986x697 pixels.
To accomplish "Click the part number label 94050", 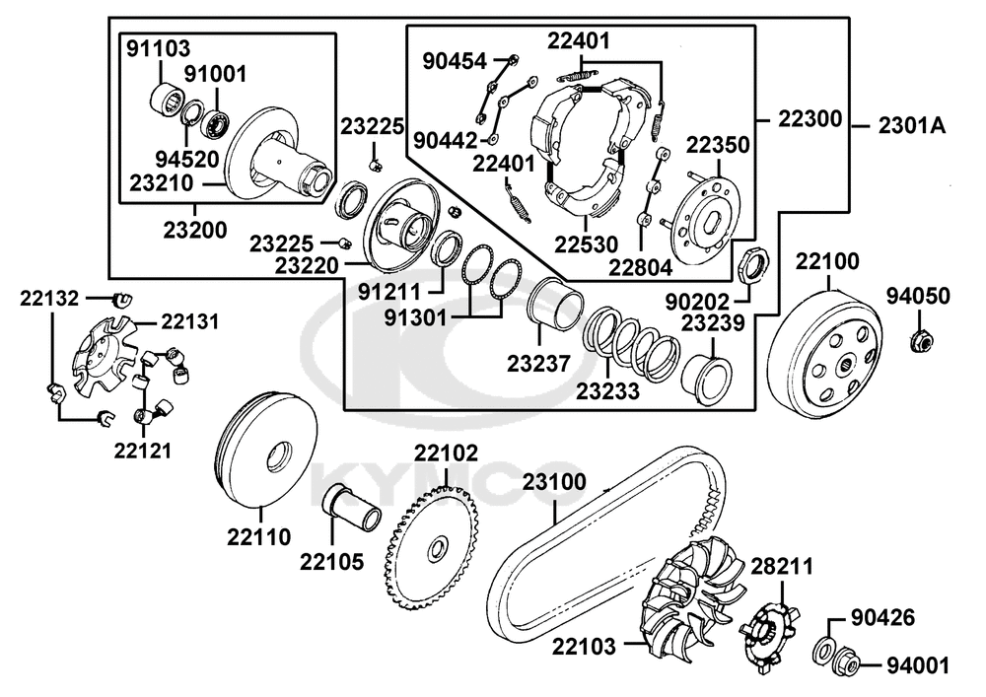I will [x=917, y=295].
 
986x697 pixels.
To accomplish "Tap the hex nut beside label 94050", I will [x=921, y=342].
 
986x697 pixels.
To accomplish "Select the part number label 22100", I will [x=827, y=261].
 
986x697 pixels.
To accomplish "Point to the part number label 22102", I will [x=446, y=454].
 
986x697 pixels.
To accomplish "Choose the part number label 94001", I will [x=917, y=665].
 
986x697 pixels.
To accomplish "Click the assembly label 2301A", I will [x=912, y=125].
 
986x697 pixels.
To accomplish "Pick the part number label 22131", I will [x=189, y=322].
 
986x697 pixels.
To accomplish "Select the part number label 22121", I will [x=143, y=451].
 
